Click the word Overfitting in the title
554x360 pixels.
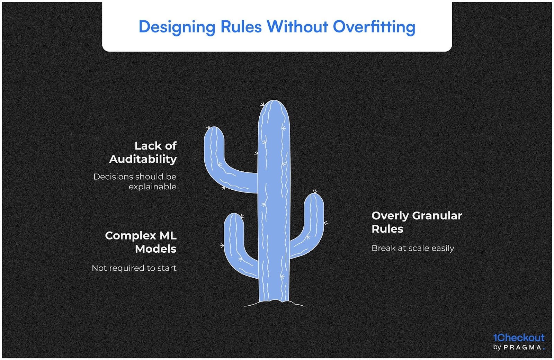coord(374,27)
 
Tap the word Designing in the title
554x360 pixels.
coord(177,27)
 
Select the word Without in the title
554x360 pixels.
coord(297,27)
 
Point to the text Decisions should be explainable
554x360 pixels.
coord(135,181)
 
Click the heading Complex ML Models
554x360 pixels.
coord(141,242)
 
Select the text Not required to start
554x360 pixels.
coord(134,268)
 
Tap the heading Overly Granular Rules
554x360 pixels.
coord(417,222)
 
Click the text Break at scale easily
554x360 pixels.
coord(412,248)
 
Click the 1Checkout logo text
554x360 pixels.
coord(518,337)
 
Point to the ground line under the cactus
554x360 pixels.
coord(274,304)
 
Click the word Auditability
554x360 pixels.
coord(143,159)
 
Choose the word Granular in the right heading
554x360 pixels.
coord(437,216)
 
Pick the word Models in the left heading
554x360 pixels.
coord(156,249)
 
